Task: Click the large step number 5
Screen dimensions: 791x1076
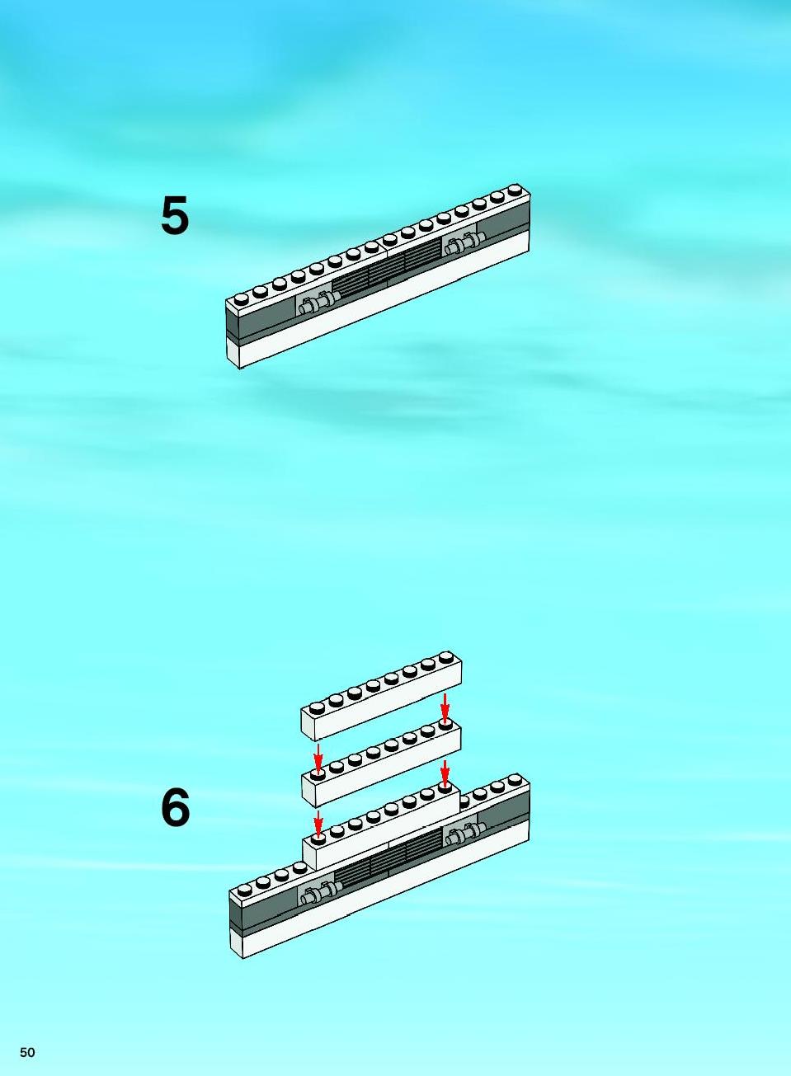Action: click(174, 215)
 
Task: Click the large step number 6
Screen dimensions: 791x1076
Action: click(175, 807)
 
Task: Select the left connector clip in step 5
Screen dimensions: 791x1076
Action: click(315, 303)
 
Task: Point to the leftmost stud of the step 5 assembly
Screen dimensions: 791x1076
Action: click(241, 298)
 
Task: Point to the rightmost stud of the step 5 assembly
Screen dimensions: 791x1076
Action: click(516, 189)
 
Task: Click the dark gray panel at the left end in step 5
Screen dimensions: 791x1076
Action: click(261, 318)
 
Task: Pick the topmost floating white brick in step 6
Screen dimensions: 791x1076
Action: click(382, 696)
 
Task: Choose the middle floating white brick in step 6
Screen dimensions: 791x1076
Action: click(381, 764)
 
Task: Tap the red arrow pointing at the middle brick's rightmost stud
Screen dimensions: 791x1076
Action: click(445, 708)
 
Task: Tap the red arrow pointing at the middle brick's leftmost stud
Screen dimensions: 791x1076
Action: click(318, 758)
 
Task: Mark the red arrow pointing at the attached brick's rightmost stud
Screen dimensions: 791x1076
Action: click(445, 774)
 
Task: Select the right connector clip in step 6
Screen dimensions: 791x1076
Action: click(466, 835)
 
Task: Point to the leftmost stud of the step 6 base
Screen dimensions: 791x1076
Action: click(244, 889)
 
